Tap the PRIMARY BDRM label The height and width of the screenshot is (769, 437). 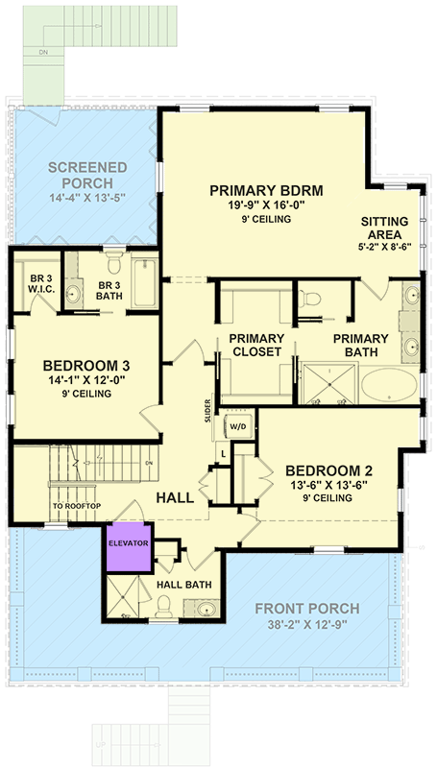tap(266, 191)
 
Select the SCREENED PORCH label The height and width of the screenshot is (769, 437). tap(87, 175)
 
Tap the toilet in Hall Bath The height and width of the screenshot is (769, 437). tap(163, 605)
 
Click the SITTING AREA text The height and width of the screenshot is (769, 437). tap(384, 228)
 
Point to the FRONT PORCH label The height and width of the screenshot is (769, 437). tap(307, 609)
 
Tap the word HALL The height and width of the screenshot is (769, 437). tap(175, 498)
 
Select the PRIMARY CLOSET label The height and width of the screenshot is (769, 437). tap(255, 346)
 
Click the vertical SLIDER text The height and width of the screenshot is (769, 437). tap(207, 411)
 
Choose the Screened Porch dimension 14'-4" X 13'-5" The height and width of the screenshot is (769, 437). tap(87, 199)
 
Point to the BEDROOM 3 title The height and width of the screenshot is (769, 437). tap(86, 366)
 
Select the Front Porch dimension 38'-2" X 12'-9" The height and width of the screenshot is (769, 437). tap(307, 625)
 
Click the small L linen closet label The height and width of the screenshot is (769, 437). tap(223, 452)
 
